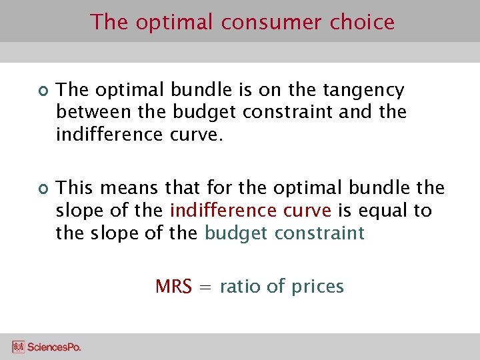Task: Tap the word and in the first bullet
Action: (x=356, y=111)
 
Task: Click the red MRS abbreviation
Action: (x=173, y=287)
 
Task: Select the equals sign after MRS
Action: (x=206, y=287)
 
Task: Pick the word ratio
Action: (x=239, y=287)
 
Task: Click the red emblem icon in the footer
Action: (x=19, y=347)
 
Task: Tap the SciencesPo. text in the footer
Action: (x=55, y=347)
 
